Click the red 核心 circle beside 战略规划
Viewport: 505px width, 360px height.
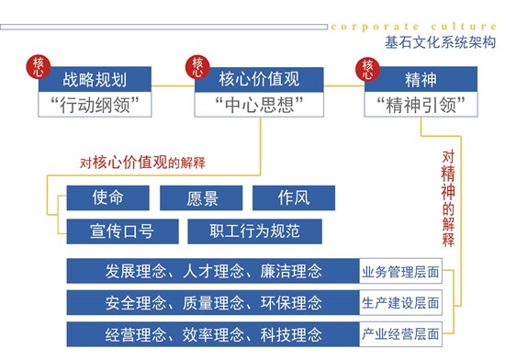point(39,67)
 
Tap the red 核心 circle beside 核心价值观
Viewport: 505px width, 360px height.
point(197,67)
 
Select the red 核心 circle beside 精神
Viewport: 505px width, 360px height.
point(368,68)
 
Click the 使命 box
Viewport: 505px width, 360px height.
point(107,197)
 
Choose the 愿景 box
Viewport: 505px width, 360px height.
point(201,197)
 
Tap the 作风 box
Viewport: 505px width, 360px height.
point(293,197)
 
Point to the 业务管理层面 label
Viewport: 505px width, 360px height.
point(400,271)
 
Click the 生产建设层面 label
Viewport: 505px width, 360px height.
point(400,302)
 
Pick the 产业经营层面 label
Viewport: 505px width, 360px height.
point(400,332)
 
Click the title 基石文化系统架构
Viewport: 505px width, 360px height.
point(440,42)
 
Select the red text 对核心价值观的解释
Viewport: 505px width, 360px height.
point(142,163)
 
